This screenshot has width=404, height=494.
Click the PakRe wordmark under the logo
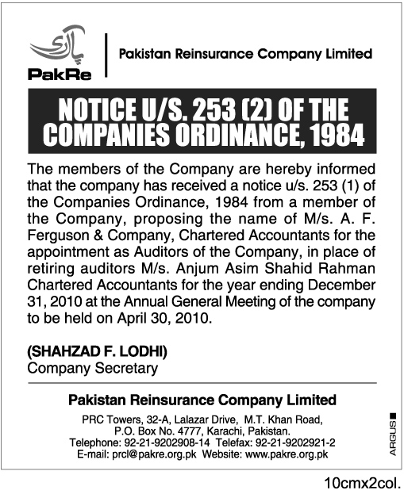point(52,75)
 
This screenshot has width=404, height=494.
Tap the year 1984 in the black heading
point(337,135)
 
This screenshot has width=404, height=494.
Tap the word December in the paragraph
point(344,286)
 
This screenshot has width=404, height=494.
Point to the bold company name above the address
point(202,400)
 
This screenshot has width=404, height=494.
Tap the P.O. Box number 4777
point(198,430)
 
